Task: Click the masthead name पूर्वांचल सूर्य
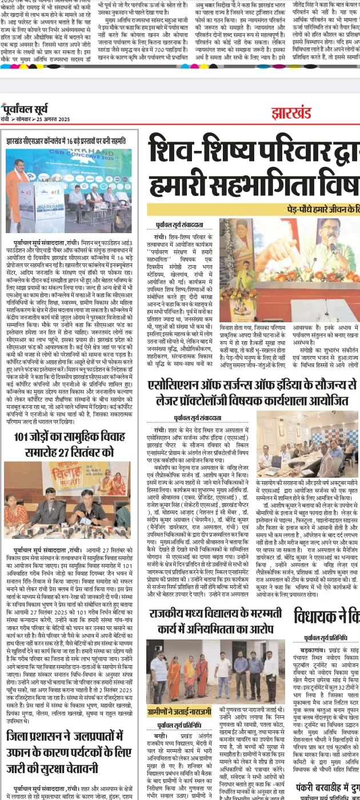coord(27,110)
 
